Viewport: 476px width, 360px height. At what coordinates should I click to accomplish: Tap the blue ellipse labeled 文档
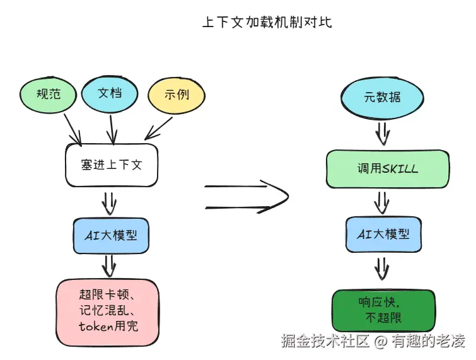pos(110,93)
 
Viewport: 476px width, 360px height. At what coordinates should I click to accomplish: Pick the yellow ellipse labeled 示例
pos(177,96)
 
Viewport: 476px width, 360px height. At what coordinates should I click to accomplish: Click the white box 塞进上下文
pos(112,165)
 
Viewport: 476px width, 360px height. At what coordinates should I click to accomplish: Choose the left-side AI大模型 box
pos(111,235)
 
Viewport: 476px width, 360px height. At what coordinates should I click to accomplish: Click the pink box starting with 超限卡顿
pos(108,311)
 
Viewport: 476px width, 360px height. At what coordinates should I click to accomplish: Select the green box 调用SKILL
pos(387,169)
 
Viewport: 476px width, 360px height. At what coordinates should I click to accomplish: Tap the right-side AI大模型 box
pos(383,234)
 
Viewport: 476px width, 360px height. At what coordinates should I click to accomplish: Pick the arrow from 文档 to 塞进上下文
pos(112,129)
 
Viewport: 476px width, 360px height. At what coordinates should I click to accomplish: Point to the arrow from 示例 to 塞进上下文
pos(157,131)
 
